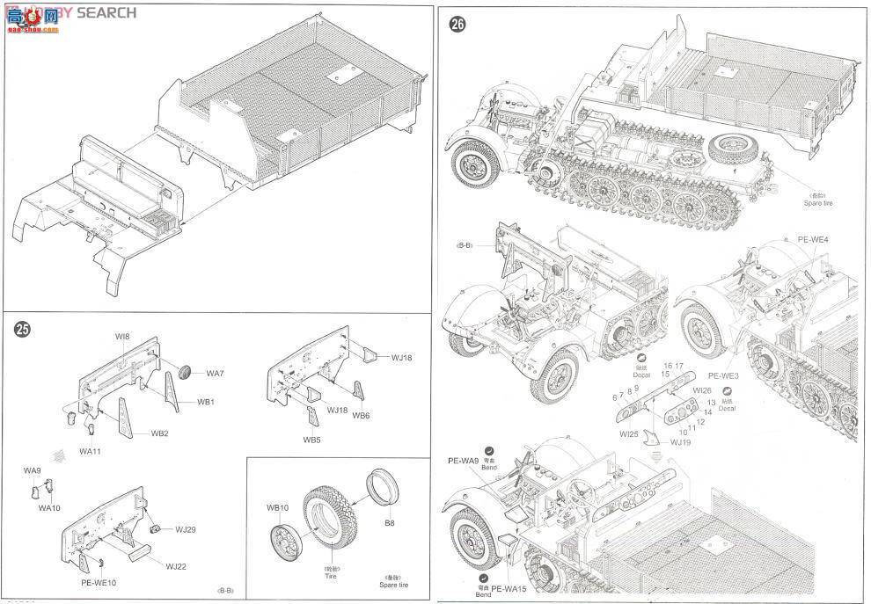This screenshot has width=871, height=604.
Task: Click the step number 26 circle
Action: [x=457, y=25]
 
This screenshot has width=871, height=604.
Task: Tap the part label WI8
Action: [x=121, y=337]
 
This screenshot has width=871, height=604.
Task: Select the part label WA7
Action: [x=216, y=374]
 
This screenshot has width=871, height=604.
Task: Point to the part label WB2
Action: [x=159, y=433]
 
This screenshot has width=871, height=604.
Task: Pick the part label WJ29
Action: [x=185, y=529]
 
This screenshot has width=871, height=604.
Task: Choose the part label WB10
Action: [x=277, y=508]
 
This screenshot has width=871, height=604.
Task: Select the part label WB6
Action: [x=361, y=415]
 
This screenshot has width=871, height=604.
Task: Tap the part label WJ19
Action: [x=678, y=442]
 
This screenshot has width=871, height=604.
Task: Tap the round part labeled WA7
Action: [x=186, y=372]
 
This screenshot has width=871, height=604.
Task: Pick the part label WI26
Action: [x=701, y=390]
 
